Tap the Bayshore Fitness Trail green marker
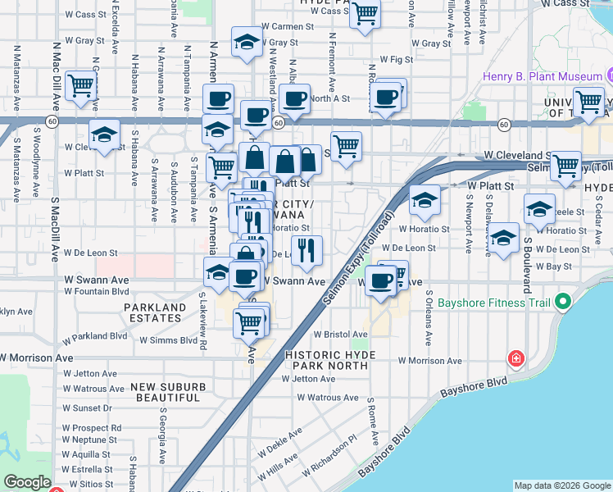click(561, 303)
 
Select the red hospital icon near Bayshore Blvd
click(515, 358)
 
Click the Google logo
click(27, 482)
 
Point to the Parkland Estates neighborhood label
click(155, 312)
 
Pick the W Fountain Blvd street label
click(96, 291)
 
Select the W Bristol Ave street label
click(341, 335)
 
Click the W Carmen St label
click(288, 26)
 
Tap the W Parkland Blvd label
click(96, 336)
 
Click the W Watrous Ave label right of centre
click(328, 398)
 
